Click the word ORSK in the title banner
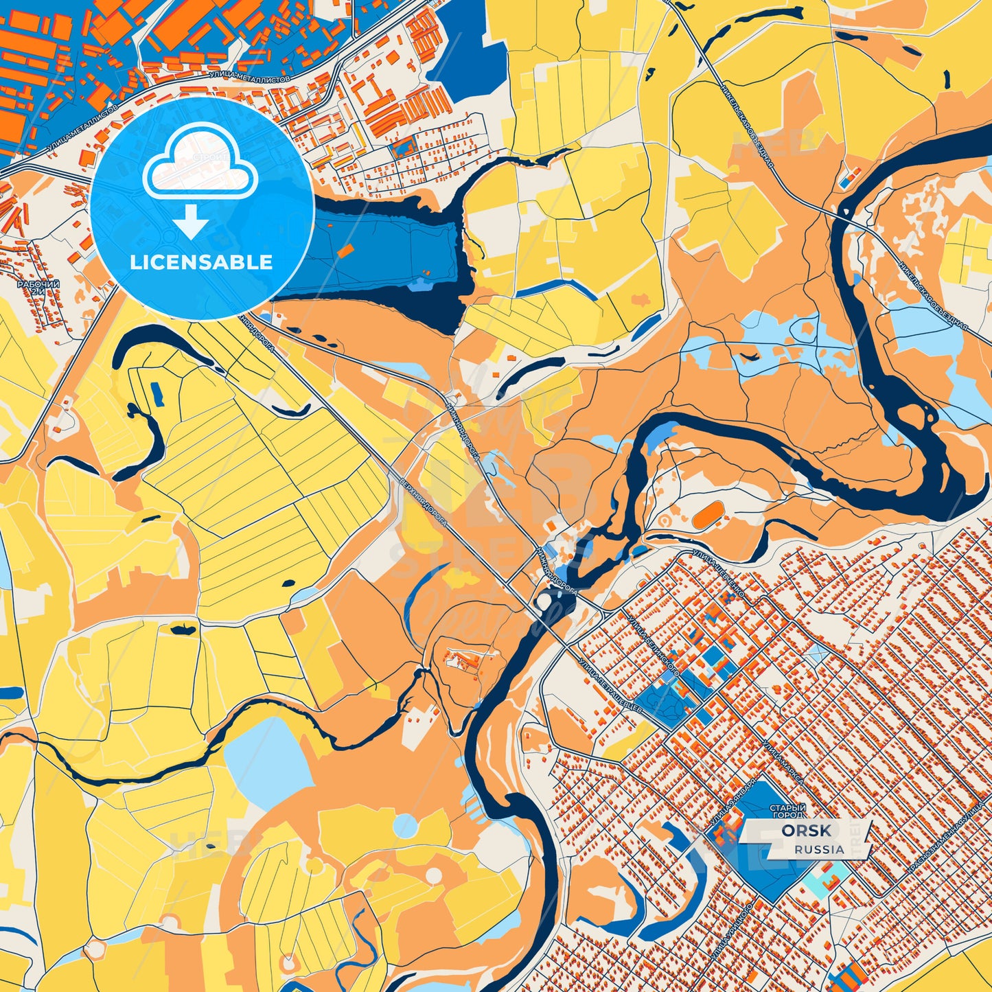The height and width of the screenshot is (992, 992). [x=806, y=831]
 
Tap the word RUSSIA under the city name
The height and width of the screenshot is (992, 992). [x=819, y=849]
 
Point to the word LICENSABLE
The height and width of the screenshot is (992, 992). [x=201, y=262]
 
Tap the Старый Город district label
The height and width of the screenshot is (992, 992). [x=787, y=811]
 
